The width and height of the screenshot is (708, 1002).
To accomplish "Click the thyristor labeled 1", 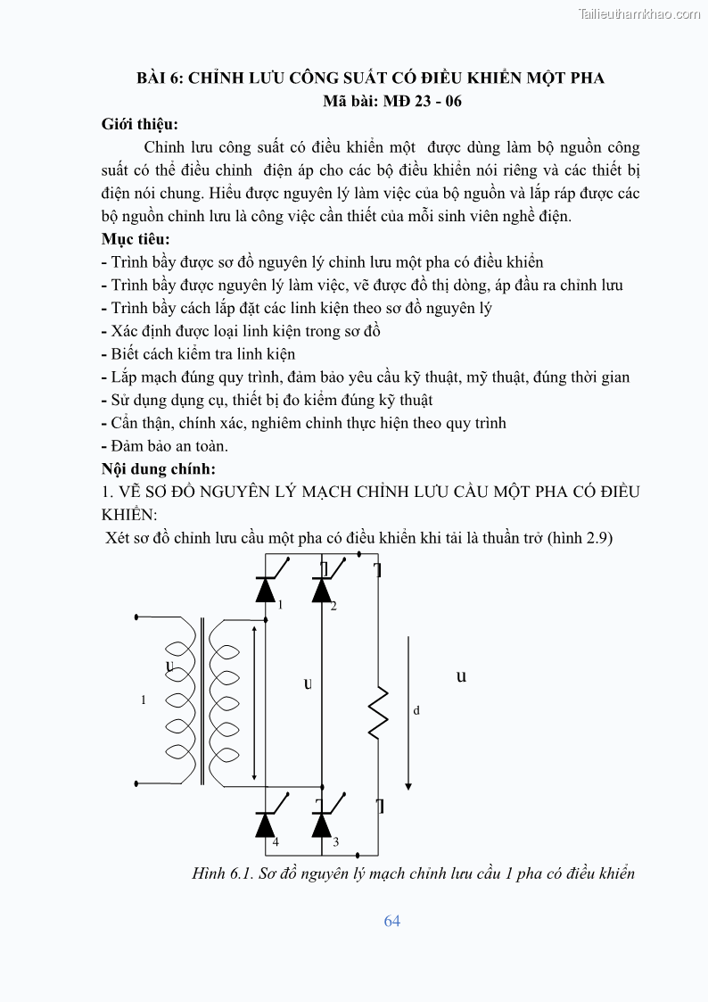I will (x=266, y=589).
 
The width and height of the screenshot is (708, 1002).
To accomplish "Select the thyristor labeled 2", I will (x=322, y=589).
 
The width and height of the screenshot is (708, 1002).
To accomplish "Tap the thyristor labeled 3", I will (x=322, y=824).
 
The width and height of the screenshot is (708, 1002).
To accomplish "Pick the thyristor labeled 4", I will (x=266, y=824).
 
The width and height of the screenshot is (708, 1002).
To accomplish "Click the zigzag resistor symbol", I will (x=378, y=713).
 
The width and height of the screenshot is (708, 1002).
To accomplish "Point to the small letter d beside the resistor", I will (x=416, y=711).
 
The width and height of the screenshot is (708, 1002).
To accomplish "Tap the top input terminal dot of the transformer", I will (x=136, y=617).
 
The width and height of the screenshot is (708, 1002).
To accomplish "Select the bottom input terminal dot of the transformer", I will (x=136, y=783).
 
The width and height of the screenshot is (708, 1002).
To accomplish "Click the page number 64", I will (x=392, y=921).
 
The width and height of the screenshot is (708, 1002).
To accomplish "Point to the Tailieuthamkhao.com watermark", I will (x=639, y=13).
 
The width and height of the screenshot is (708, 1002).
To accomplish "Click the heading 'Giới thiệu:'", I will (x=139, y=124).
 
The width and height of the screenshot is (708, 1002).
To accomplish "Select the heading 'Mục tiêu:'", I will (x=136, y=239).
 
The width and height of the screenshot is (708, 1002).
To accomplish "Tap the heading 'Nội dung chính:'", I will (x=159, y=468).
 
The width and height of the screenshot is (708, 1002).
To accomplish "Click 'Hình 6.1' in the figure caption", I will (x=221, y=874).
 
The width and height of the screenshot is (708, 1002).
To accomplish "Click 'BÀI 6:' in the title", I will (x=160, y=78).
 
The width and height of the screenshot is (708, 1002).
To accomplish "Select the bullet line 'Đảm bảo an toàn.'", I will (x=169, y=445).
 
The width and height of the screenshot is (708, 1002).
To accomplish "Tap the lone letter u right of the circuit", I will (x=461, y=676).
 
